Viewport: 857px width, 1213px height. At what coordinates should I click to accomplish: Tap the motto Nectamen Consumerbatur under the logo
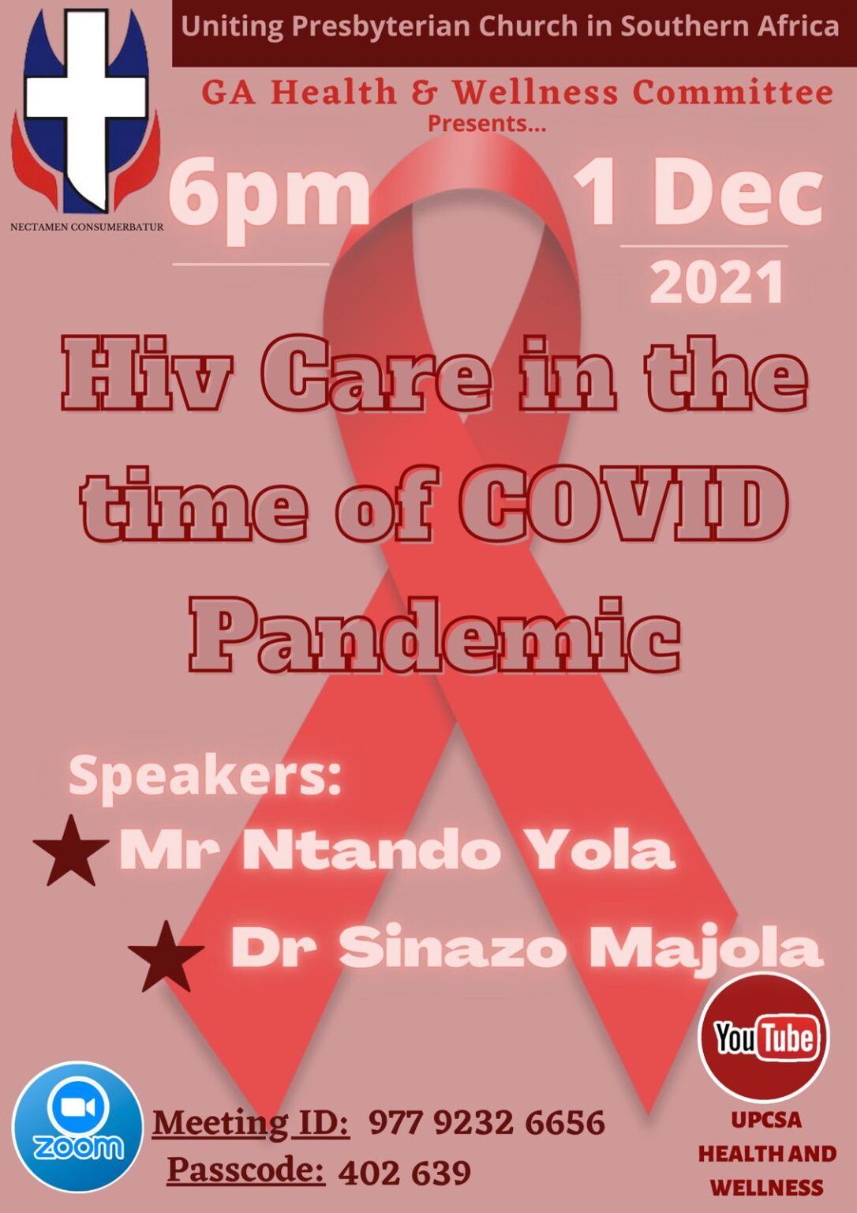pos(87,227)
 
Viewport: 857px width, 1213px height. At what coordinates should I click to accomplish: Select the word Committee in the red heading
pos(733,92)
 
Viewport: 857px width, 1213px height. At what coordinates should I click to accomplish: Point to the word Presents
pos(487,123)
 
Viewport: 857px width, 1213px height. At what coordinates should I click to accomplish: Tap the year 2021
pos(717,282)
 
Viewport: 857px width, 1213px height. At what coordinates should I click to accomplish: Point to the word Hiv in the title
pos(147,374)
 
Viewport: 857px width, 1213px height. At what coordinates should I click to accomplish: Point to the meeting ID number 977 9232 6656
pos(487,1123)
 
